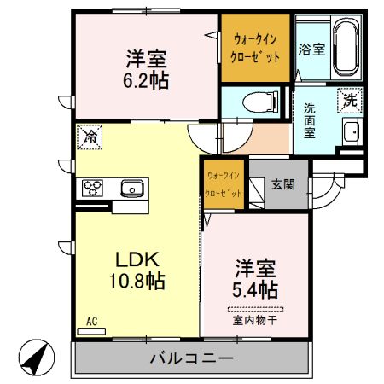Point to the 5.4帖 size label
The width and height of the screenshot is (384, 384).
click(x=255, y=288)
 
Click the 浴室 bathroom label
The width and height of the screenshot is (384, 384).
click(x=311, y=49)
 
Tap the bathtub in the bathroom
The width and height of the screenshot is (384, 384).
click(x=345, y=48)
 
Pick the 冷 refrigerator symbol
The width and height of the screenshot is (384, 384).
click(x=89, y=136)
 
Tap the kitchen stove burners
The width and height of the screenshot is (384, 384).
click(x=92, y=188)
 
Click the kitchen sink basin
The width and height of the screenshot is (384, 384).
click(x=131, y=188)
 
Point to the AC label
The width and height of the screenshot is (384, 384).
click(x=92, y=322)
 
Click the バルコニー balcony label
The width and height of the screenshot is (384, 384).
click(x=191, y=358)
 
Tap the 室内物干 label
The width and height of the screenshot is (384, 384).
click(x=255, y=321)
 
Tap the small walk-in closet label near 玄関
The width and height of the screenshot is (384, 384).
click(x=223, y=183)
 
